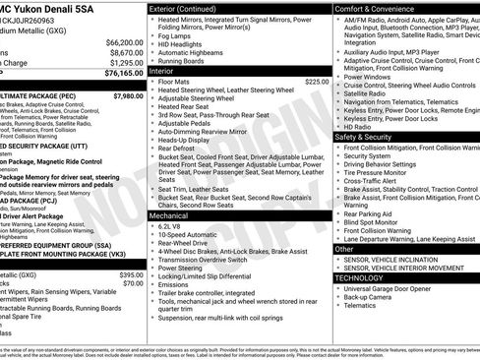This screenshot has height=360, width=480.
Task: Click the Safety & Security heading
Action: click(x=369, y=137)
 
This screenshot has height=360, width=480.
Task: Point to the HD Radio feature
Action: click(x=358, y=127)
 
